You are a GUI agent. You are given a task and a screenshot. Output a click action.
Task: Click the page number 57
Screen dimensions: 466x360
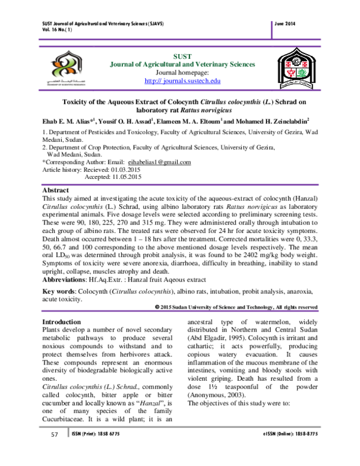pyautogui.click(x=53, y=451)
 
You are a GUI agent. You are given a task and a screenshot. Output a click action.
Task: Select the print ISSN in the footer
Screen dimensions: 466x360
pyautogui.click(x=102, y=451)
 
